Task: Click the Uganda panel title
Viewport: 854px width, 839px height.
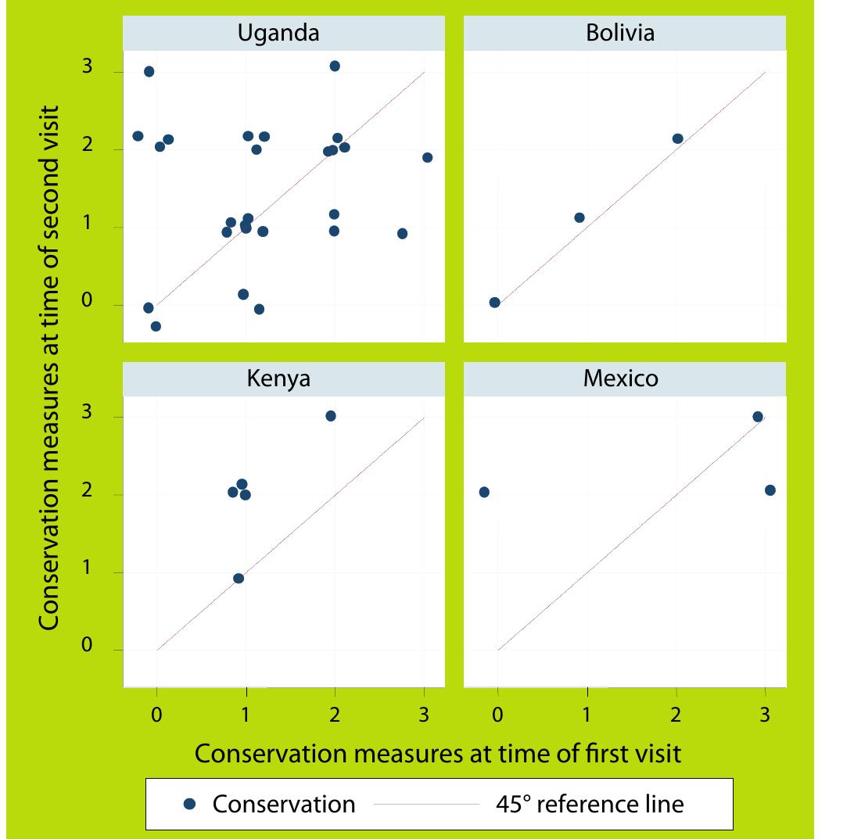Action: pyautogui.click(x=278, y=33)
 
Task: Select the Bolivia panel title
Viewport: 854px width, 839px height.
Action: pyautogui.click(x=619, y=33)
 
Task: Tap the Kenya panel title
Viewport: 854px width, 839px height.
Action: pyautogui.click(x=278, y=378)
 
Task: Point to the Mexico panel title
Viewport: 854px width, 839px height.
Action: pyautogui.click(x=620, y=378)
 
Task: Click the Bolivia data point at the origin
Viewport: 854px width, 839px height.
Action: pyautogui.click(x=494, y=303)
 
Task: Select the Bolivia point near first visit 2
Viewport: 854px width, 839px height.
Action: pyautogui.click(x=677, y=138)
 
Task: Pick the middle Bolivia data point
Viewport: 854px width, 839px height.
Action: pyautogui.click(x=579, y=217)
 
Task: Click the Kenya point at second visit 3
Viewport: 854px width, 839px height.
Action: pyautogui.click(x=331, y=416)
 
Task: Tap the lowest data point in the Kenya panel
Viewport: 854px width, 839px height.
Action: pyautogui.click(x=239, y=579)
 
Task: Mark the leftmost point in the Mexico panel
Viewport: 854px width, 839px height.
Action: pyautogui.click(x=484, y=492)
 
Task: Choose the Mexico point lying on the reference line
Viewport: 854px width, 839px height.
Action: pyautogui.click(x=757, y=417)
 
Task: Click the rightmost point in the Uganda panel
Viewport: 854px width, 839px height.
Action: pyautogui.click(x=427, y=157)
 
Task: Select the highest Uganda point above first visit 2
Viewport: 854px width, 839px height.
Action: pyautogui.click(x=335, y=66)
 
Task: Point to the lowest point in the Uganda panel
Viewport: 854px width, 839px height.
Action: pyautogui.click(x=156, y=326)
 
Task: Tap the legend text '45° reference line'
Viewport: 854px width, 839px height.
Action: pyautogui.click(x=590, y=804)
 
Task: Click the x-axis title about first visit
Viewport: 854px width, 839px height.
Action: pyautogui.click(x=438, y=753)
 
